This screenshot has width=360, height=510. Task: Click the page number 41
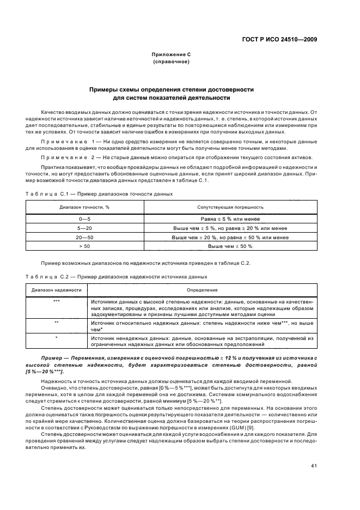point(314,450)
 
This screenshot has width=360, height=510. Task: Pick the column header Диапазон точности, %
point(84,207)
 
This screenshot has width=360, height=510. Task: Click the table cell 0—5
point(84,218)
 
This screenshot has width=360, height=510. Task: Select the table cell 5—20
point(84,228)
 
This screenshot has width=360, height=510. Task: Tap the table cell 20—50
point(84,237)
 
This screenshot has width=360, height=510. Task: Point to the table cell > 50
point(84,246)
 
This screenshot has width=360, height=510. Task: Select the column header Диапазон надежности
point(57,290)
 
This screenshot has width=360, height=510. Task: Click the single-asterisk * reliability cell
point(57,338)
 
